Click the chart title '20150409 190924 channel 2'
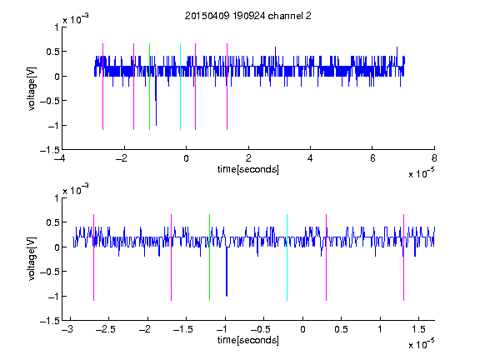(x=248, y=16)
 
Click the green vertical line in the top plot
(x=149, y=87)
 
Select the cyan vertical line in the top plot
(x=180, y=87)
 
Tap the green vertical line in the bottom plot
(x=209, y=257)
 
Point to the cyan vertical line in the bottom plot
(x=287, y=257)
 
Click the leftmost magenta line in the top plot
(x=102, y=87)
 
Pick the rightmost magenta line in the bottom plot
(x=403, y=257)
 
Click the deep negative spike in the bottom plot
(x=227, y=272)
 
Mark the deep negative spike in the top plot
(x=156, y=101)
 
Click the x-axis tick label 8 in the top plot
(x=434, y=158)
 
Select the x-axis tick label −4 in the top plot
(x=60, y=158)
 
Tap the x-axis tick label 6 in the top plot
(x=372, y=158)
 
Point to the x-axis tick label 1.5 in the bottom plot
(x=419, y=329)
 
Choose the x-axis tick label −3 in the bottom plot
(x=67, y=329)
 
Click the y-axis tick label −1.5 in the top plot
(x=50, y=150)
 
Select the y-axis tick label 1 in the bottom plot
(x=57, y=198)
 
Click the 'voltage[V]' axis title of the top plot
(x=32, y=88)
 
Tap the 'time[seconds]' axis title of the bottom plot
(x=248, y=340)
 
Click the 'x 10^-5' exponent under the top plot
(x=421, y=173)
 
